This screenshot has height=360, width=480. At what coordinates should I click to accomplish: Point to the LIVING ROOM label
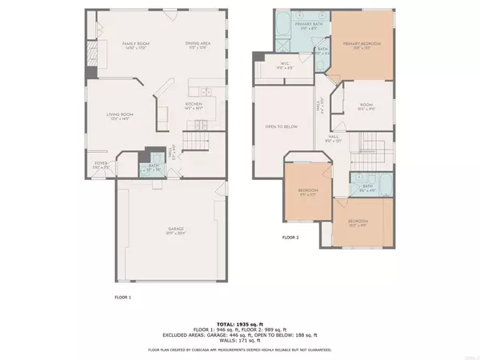coord(120,116)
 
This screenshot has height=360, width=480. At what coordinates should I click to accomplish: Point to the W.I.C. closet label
coord(284,66)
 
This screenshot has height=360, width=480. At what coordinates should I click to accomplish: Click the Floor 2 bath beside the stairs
coord(367,188)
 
